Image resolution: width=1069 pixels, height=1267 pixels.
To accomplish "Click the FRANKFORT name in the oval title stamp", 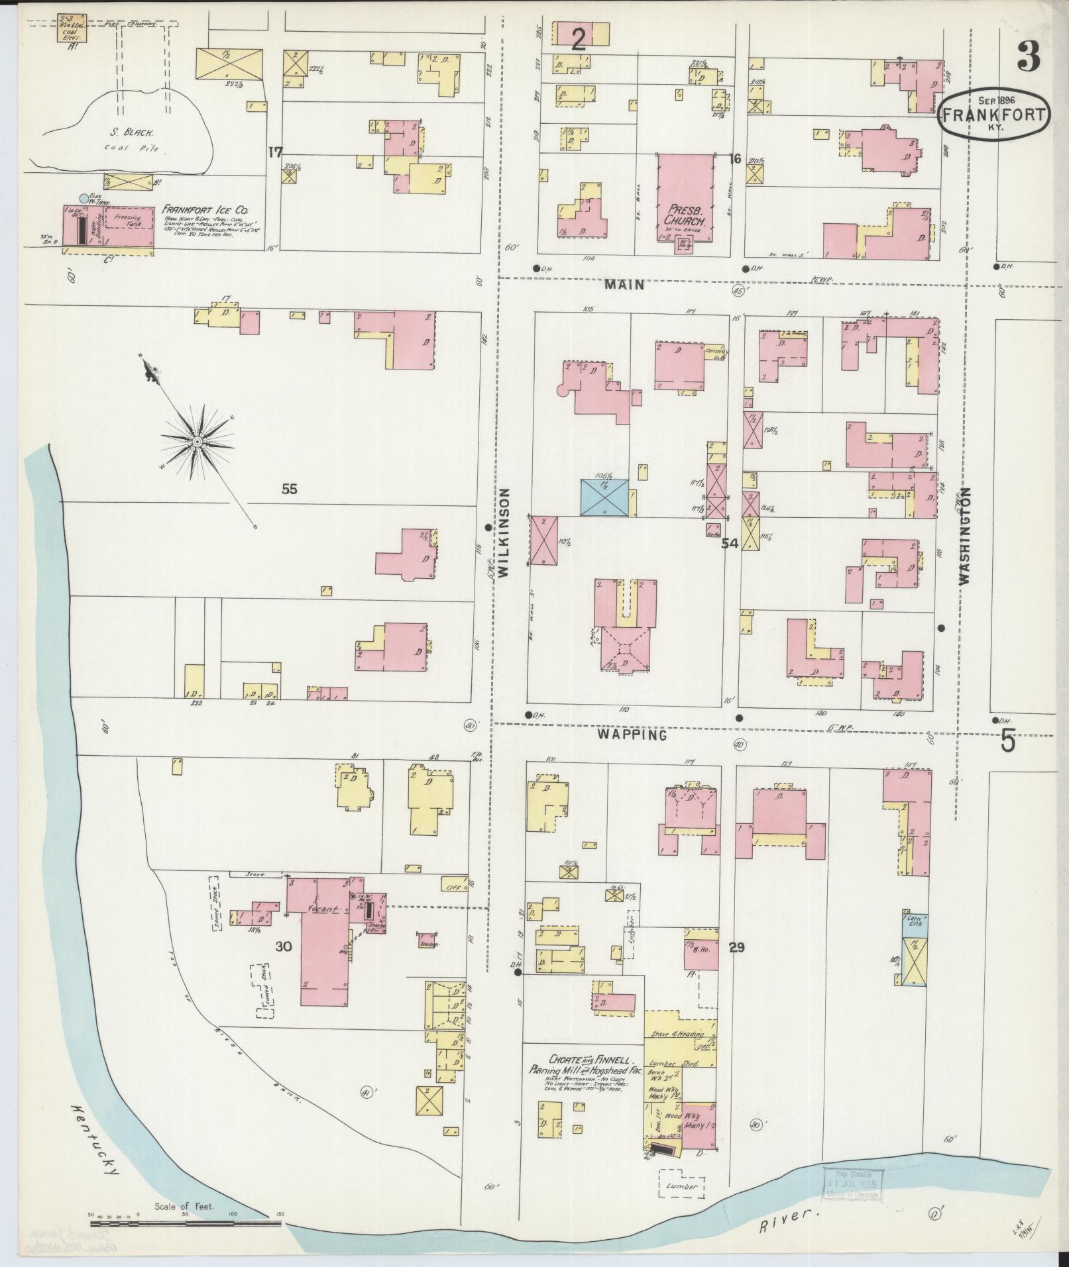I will [994, 115].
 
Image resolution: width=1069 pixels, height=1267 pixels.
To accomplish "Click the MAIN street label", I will [624, 285].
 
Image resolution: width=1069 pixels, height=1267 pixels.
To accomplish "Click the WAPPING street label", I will [631, 735].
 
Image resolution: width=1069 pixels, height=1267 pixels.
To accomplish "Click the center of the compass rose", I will [197, 441].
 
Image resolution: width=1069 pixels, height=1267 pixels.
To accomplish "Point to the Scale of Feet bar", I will [186, 1215].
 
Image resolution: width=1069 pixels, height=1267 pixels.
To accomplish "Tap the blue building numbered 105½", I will [604, 497].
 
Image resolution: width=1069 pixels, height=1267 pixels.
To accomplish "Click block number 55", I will [289, 489].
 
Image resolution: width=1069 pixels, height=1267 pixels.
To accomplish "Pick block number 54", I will [730, 543].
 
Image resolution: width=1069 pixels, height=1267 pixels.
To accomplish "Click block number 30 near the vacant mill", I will [284, 947].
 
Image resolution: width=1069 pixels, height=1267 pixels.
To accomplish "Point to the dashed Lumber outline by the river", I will [681, 1186].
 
